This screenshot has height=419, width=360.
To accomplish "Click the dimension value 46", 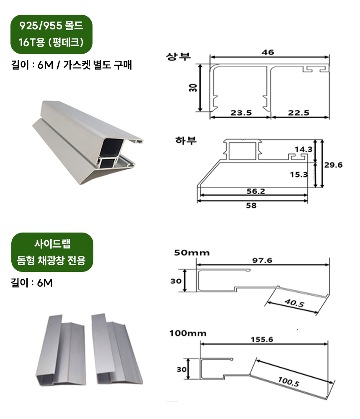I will click(x=267, y=52).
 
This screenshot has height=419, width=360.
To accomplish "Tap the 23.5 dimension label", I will click(x=241, y=112).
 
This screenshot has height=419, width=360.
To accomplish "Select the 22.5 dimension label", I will click(x=299, y=112).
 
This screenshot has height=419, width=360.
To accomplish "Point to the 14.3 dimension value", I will click(x=303, y=149).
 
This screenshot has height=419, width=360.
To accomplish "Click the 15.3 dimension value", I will click(x=299, y=174).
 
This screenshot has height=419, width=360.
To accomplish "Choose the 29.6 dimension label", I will click(x=334, y=165).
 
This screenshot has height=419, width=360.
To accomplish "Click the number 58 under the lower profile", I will click(x=251, y=205).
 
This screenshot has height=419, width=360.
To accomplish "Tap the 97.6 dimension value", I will click(x=262, y=260).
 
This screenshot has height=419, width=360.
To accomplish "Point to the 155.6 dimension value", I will click(x=262, y=339).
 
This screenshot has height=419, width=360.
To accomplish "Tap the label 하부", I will click(x=186, y=140).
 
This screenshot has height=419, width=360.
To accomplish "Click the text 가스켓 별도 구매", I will click(x=97, y=65).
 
